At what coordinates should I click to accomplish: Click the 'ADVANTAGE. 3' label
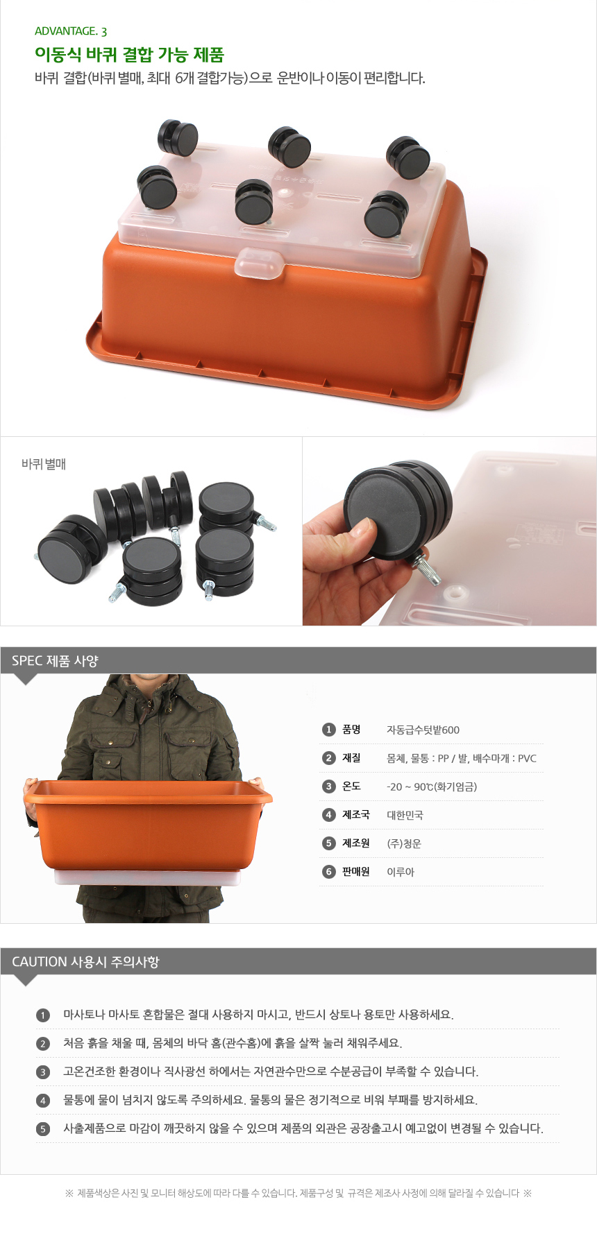71,31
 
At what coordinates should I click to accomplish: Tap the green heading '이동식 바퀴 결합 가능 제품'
129,55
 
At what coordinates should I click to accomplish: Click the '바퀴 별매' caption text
44,464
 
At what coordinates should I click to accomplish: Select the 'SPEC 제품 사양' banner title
55,661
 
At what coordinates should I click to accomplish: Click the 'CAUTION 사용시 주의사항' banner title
85,962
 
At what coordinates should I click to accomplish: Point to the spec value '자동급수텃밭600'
423,730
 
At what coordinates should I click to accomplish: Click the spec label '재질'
351,758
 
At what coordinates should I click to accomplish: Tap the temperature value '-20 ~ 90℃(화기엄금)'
431,786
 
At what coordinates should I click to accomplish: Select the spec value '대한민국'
405,815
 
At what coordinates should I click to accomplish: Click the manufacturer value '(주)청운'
403,843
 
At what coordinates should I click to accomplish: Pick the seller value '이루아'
400,872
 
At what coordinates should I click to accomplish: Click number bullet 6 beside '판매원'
329,872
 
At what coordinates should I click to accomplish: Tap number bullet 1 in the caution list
43,1015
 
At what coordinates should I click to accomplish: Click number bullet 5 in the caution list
43,1129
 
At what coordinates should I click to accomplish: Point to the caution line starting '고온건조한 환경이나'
271,1072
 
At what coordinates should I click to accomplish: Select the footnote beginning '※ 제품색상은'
298,1193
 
